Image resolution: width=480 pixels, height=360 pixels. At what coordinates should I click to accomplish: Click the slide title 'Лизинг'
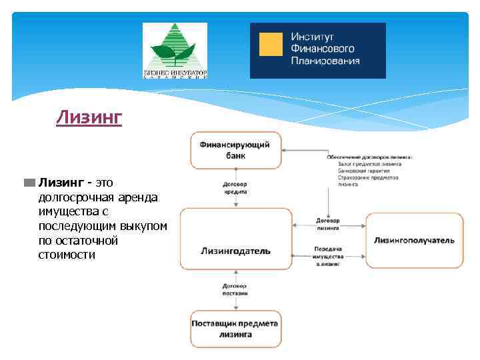(x=89, y=118)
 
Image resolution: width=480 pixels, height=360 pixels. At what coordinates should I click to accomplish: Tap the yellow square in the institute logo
(x=271, y=44)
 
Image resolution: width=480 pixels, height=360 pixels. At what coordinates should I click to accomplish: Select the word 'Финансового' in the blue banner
(x=323, y=48)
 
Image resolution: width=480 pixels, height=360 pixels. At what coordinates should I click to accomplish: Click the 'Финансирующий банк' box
(x=236, y=150)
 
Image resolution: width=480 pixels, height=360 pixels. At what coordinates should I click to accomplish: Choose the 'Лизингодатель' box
(x=236, y=251)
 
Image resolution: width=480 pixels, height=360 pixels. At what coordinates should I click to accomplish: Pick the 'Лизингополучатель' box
(x=414, y=240)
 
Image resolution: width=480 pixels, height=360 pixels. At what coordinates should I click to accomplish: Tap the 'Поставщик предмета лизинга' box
(x=236, y=329)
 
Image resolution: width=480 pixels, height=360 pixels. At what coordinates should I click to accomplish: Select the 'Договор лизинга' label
(x=327, y=224)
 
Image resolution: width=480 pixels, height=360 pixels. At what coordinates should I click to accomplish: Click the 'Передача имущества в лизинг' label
(x=327, y=256)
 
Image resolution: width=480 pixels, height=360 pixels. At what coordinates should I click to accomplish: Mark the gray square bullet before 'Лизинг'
(x=30, y=183)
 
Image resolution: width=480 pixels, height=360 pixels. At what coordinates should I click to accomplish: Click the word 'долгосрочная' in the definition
(x=72, y=197)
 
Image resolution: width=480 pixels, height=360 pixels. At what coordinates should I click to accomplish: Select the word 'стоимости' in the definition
(x=67, y=255)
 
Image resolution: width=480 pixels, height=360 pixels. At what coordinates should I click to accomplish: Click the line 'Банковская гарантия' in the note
(x=364, y=170)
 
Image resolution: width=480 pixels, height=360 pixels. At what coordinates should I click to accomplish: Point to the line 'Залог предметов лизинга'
(x=370, y=163)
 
